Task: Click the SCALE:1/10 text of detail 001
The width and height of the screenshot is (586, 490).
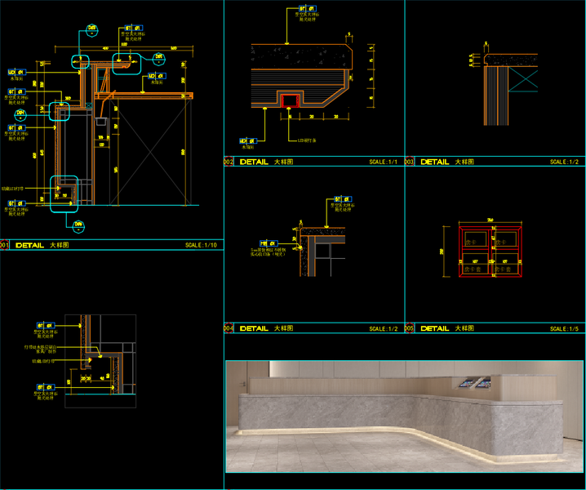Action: click(x=201, y=245)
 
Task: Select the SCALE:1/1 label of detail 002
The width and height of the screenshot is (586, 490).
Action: click(x=383, y=163)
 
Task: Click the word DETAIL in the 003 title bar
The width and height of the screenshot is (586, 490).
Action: click(x=434, y=163)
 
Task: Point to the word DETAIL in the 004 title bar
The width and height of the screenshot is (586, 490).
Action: click(x=254, y=328)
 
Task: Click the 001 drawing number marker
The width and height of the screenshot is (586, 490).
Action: click(x=4, y=245)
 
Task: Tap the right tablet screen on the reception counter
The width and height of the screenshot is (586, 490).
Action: click(x=482, y=381)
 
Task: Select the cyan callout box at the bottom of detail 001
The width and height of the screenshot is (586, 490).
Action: click(x=66, y=194)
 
